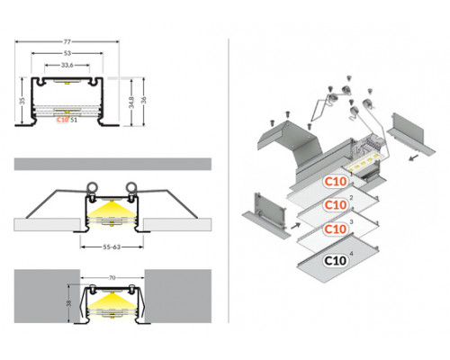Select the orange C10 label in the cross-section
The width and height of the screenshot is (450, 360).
point(61,119)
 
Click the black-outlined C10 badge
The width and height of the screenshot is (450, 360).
point(336,262)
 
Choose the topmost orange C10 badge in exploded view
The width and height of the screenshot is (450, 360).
point(336,181)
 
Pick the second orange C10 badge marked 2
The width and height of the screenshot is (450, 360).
point(336,204)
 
